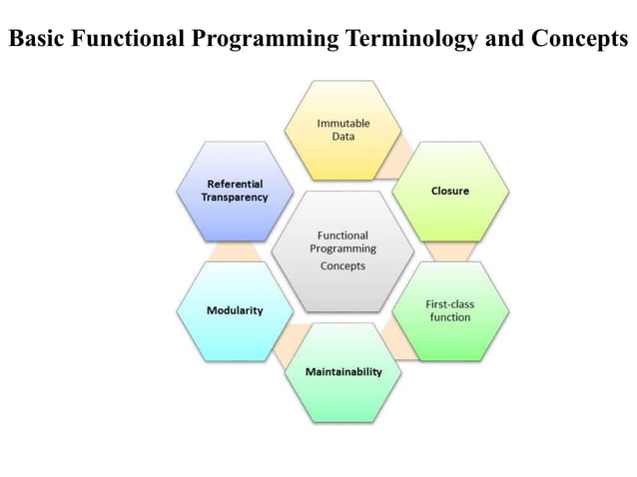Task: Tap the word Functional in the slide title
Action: [x=123, y=39]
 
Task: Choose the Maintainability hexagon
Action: [x=342, y=371]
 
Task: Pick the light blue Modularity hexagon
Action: [x=235, y=310]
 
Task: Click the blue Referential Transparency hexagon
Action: [x=237, y=191]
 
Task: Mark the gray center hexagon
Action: [x=342, y=250]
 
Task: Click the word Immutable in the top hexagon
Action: [x=342, y=123]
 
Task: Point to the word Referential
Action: [x=237, y=184]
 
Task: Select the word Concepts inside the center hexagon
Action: [x=342, y=265]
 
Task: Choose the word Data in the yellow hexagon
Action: [x=342, y=136]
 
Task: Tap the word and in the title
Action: [x=492, y=39]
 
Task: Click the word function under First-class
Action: [x=449, y=316]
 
